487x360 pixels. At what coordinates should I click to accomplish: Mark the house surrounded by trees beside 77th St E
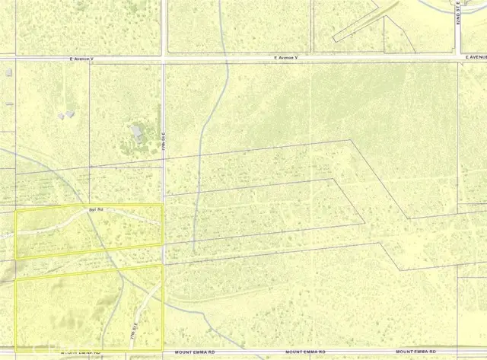tap(137, 132)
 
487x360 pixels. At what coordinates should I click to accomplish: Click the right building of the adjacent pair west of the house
tap(70, 114)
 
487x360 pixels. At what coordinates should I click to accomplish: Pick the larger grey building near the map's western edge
tap(8, 73)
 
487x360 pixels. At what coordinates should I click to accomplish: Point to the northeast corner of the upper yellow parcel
tap(162, 205)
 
